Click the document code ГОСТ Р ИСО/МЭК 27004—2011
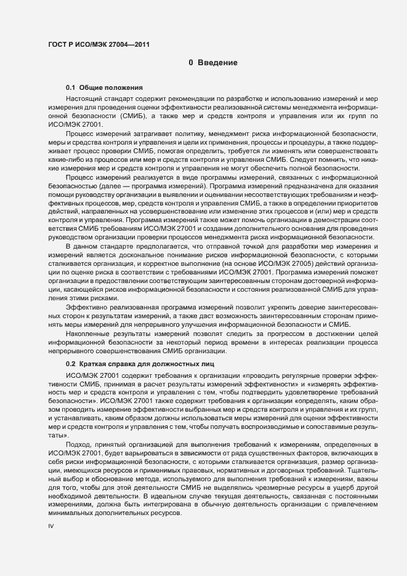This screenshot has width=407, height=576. tap(98, 44)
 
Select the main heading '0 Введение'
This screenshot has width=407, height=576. tap(213, 63)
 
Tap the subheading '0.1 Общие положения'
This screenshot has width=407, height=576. tap(104, 88)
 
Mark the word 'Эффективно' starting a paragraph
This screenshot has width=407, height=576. tap(87, 306)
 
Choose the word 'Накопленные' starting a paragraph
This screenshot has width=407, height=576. tap(89, 333)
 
